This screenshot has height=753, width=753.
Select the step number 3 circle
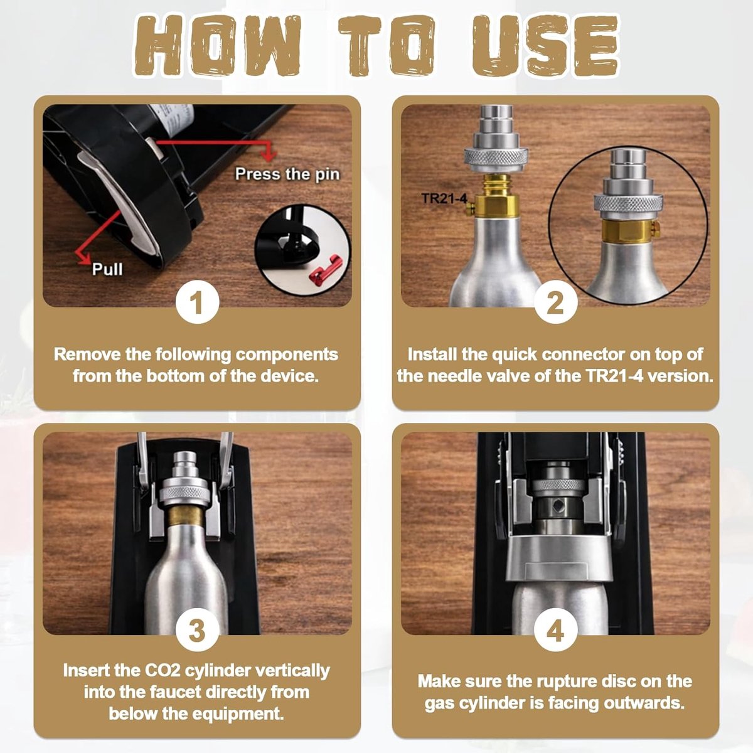click(x=197, y=629)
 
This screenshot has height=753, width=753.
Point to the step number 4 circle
click(x=555, y=629)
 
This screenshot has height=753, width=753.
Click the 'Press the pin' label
click(x=287, y=174)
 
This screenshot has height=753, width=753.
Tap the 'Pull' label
click(x=107, y=269)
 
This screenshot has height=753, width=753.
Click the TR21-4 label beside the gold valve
click(x=444, y=198)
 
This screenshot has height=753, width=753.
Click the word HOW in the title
click(x=218, y=46)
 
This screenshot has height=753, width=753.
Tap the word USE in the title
click(x=546, y=46)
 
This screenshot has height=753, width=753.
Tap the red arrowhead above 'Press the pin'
click(x=268, y=156)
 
